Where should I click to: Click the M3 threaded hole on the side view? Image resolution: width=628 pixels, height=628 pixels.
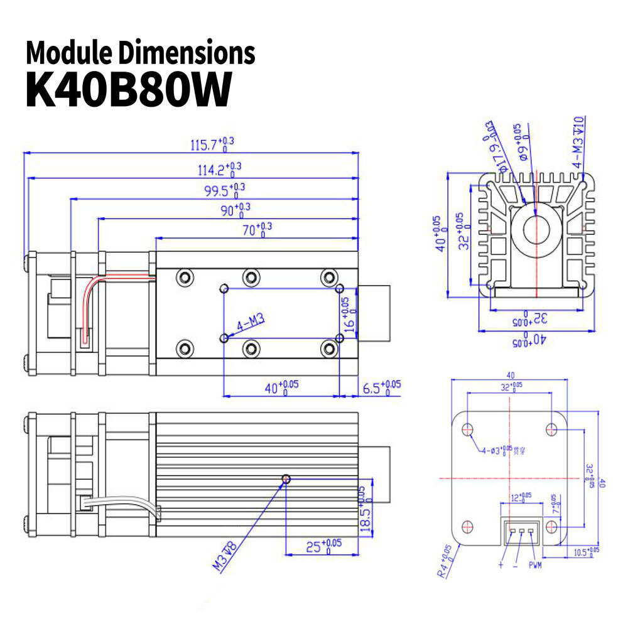point(286,479)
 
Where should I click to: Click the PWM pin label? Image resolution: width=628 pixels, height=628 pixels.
point(535,565)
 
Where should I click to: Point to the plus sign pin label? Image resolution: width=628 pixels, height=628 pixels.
point(501,565)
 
